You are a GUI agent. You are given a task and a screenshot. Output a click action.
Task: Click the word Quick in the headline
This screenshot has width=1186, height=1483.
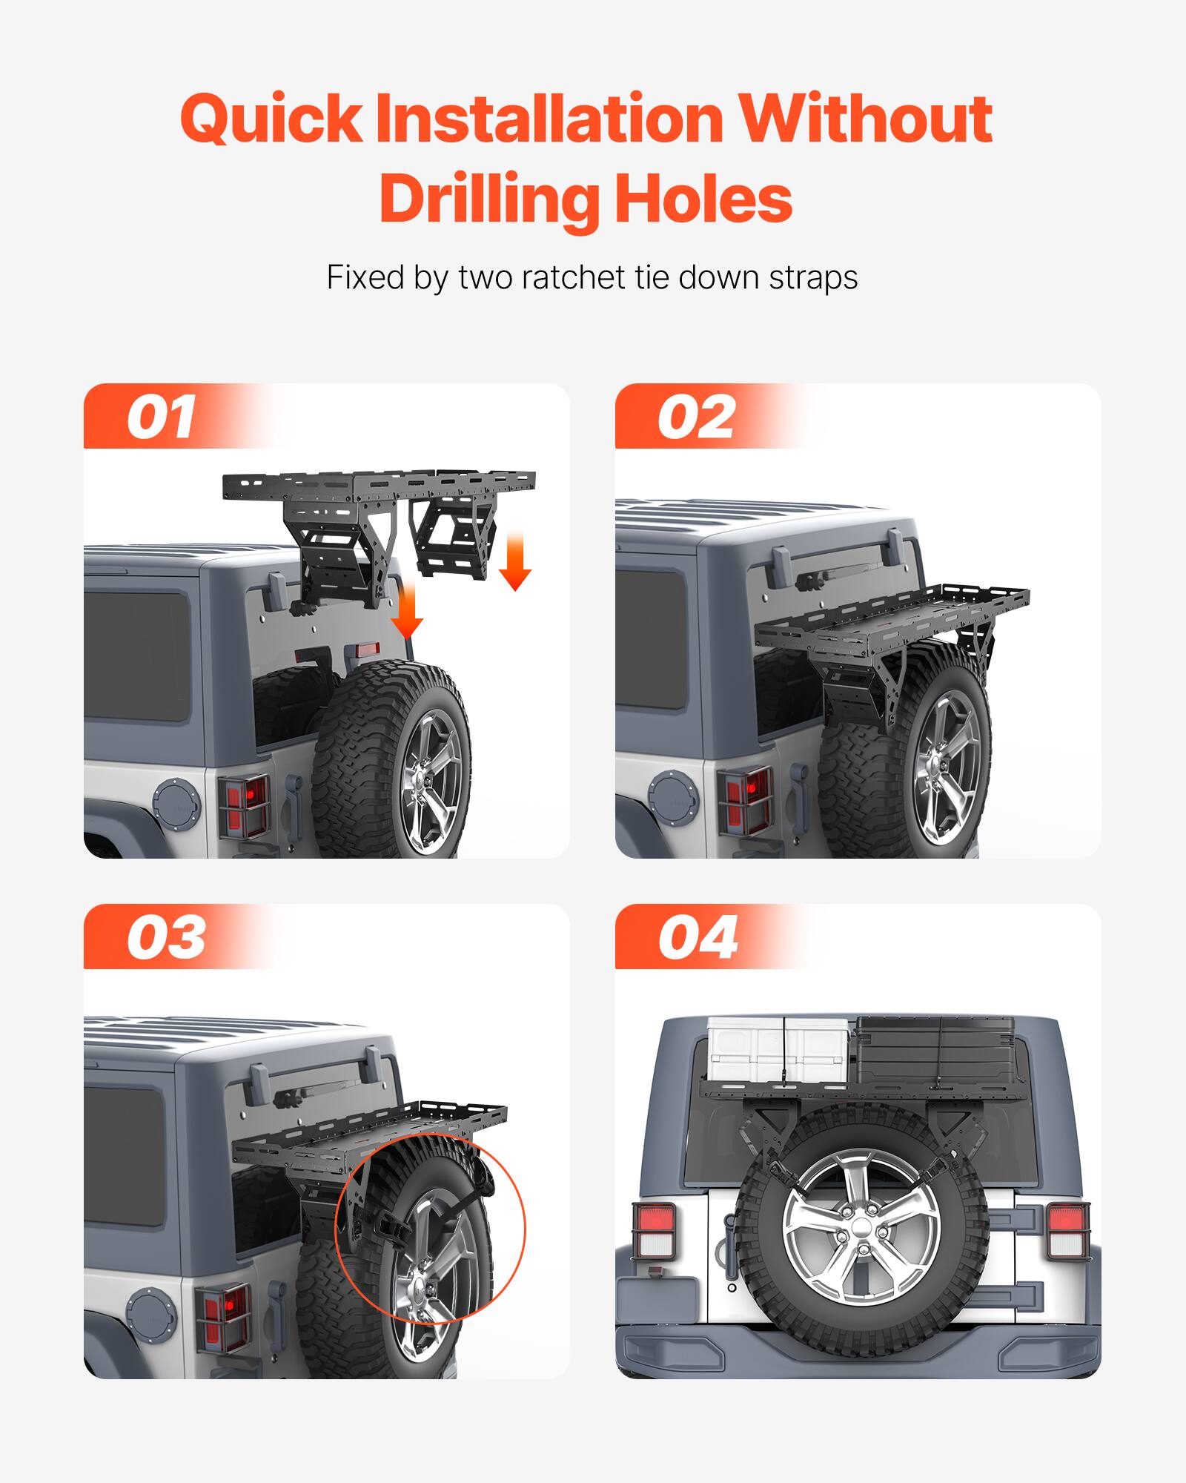[x=271, y=119]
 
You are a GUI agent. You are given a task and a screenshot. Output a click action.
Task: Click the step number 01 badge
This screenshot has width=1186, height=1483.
[x=162, y=417]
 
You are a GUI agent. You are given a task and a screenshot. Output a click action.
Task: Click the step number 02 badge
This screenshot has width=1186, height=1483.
[x=696, y=417]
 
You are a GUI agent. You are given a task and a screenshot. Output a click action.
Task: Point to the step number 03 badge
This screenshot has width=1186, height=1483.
[x=166, y=938]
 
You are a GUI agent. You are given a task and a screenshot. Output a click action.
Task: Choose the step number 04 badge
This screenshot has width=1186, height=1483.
[x=698, y=938]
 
